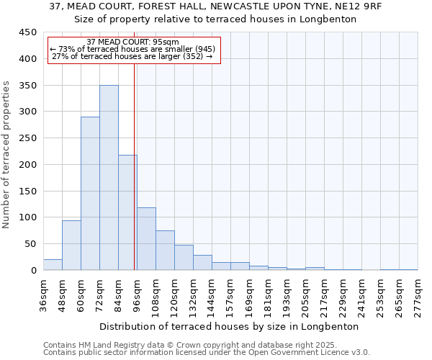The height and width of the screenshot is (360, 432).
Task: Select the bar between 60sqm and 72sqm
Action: coord(90,194)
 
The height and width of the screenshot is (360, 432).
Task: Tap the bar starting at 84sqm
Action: coord(127,212)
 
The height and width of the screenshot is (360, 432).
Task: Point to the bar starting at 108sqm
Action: coord(165,251)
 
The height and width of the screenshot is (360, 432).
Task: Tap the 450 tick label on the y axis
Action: coord(28,32)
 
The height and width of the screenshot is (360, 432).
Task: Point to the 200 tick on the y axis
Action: coord(28,165)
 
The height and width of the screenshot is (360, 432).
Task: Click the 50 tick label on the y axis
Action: coord(31,244)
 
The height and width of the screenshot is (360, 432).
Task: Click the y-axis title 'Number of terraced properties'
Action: coord(6,155)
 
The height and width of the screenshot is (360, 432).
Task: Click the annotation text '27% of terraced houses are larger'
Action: coord(132,56)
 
